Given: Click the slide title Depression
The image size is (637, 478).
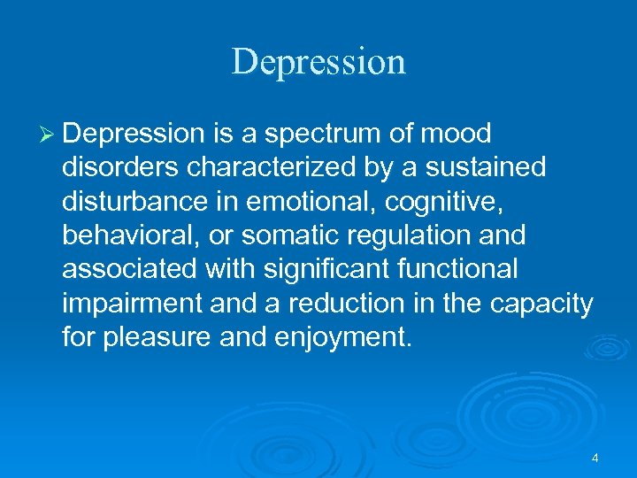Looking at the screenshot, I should click(318, 62).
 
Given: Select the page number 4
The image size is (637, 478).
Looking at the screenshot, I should click(595, 458).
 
